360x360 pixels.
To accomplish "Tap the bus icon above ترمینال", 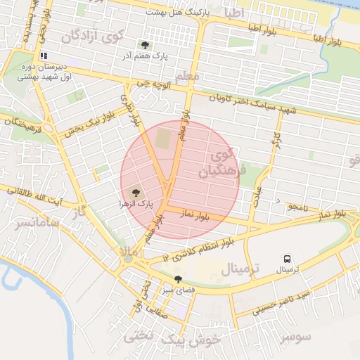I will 287,259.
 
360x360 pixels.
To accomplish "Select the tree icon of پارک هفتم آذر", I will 146,46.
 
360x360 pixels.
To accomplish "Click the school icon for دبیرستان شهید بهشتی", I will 44,56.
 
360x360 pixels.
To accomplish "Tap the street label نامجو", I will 299,207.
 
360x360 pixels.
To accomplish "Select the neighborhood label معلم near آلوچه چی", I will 186,75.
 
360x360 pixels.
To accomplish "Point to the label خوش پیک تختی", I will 173,338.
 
